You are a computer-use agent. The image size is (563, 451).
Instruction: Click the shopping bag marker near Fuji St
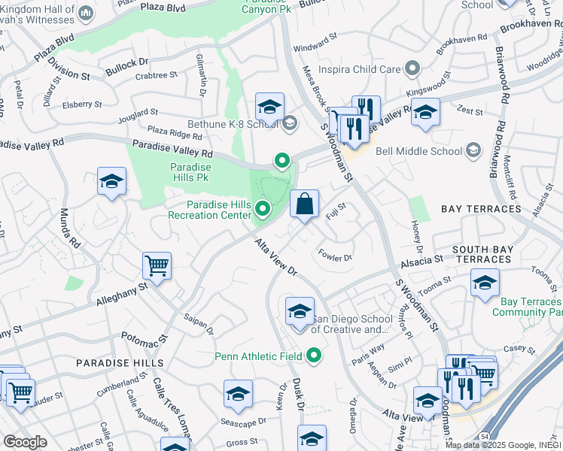click(304, 204)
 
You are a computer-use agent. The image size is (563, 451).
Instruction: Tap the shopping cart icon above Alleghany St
click(157, 265)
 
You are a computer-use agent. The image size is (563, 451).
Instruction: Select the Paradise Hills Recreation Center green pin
click(263, 208)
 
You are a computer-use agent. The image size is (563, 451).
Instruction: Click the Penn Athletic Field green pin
click(315, 356)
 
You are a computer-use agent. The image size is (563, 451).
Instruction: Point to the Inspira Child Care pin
click(411, 69)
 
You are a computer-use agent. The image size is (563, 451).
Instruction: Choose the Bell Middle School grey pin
click(472, 150)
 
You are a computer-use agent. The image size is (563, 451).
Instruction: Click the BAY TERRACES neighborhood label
click(481, 208)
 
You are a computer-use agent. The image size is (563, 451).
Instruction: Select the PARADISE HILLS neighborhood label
click(119, 362)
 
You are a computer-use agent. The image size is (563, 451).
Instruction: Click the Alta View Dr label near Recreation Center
click(277, 257)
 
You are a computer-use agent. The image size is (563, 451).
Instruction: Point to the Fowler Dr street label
click(335, 256)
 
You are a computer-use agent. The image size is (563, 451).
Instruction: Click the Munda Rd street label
click(69, 229)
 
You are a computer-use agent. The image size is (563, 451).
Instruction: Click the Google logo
click(25, 442)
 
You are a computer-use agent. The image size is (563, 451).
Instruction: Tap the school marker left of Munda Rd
click(111, 182)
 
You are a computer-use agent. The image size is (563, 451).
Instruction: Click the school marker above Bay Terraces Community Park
click(485, 283)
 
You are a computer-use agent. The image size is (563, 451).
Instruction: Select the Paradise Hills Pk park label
click(190, 172)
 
